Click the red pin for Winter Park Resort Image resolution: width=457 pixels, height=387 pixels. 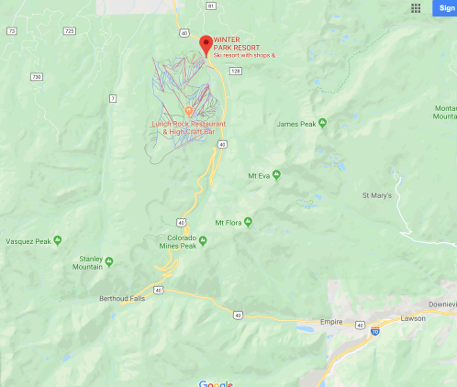point(206,43)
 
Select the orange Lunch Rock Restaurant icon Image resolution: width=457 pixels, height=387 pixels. point(189,111)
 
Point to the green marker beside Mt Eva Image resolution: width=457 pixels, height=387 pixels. point(275,174)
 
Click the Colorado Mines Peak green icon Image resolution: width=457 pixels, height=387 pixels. point(204,241)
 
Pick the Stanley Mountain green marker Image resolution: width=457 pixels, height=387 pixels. point(108,261)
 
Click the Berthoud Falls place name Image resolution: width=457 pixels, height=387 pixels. point(122,298)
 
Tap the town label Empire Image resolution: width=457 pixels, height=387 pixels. point(331,322)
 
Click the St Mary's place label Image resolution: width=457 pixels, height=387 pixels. point(376,195)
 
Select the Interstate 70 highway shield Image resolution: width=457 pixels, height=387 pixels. point(375,332)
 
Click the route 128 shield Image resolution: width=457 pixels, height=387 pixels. point(236,70)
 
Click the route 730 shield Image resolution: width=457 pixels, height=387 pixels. point(37,77)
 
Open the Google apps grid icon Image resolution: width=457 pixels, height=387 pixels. point(416,7)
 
